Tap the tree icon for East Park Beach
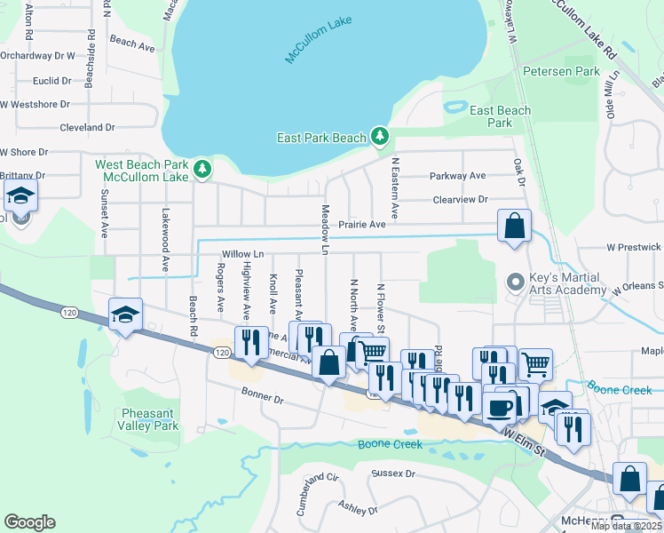pyautogui.click(x=380, y=136)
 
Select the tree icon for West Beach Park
pyautogui.click(x=202, y=168)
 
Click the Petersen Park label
pyautogui.click(x=562, y=70)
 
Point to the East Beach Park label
pyautogui.click(x=501, y=116)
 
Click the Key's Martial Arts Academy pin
pyautogui.click(x=514, y=282)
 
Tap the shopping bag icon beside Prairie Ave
pyautogui.click(x=514, y=227)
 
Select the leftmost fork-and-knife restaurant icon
pyautogui.click(x=250, y=341)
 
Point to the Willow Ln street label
pyautogui.click(x=242, y=254)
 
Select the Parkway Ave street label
pyautogui.click(x=458, y=176)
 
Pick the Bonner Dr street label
pyautogui.click(x=262, y=401)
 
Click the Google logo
pyautogui.click(x=29, y=522)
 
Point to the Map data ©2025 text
pyautogui.click(x=625, y=526)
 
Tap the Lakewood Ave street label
pyautogui.click(x=165, y=240)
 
